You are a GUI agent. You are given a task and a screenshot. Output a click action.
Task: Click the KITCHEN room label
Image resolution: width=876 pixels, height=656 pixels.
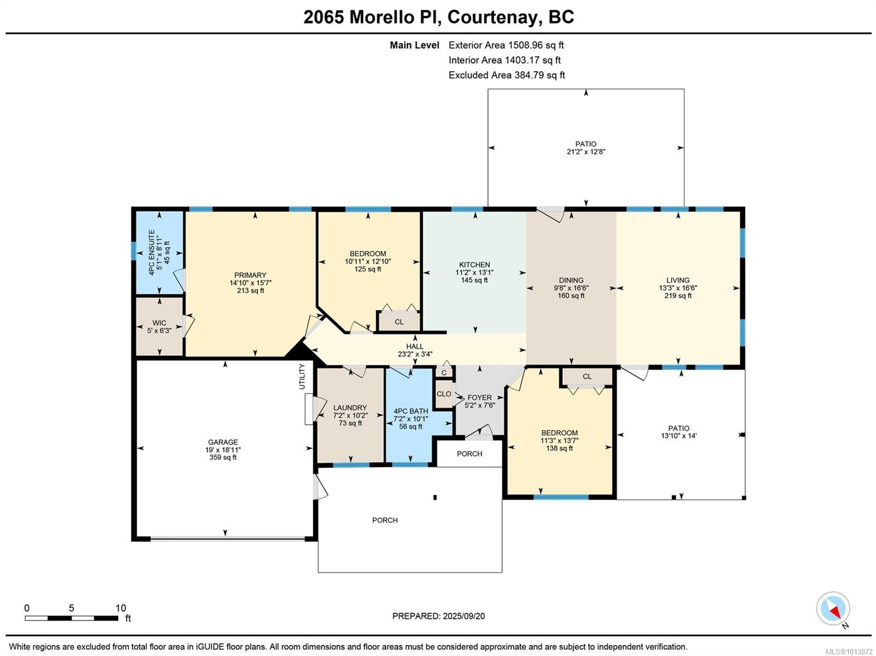[x=474, y=265]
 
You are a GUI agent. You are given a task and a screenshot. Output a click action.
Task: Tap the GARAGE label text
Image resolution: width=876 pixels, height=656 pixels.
[x=223, y=442]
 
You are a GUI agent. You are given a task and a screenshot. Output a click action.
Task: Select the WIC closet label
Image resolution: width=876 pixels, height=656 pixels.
[x=159, y=323]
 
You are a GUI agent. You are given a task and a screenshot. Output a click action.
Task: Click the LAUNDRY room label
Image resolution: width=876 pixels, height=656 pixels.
[x=350, y=408]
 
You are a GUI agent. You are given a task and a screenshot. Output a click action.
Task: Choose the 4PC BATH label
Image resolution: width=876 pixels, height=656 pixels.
[x=411, y=411]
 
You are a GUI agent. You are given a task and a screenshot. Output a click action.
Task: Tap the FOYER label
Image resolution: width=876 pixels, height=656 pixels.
[x=479, y=398]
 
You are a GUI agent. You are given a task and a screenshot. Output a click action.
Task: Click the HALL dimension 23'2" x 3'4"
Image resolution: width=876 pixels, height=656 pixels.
[x=415, y=354]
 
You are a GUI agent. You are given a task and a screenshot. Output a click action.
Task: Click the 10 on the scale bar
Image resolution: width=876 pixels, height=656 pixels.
[x=121, y=608]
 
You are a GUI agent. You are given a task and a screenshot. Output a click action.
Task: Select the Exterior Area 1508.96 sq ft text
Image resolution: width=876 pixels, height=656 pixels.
[x=506, y=45]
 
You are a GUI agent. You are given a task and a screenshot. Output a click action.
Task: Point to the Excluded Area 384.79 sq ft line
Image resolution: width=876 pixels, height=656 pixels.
[x=506, y=75]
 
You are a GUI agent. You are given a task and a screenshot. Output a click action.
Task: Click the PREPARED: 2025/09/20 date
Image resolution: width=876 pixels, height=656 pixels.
[x=438, y=616]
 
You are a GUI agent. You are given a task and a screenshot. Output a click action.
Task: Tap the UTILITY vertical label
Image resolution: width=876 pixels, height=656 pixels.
[x=302, y=376]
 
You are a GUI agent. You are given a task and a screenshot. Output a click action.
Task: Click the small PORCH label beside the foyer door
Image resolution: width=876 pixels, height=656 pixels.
[x=469, y=454]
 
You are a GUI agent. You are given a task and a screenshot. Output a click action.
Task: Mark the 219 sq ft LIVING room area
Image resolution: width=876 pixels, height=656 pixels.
[x=678, y=296]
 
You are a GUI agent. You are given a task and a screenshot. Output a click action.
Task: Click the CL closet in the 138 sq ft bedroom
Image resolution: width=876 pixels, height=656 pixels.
[x=587, y=377]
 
